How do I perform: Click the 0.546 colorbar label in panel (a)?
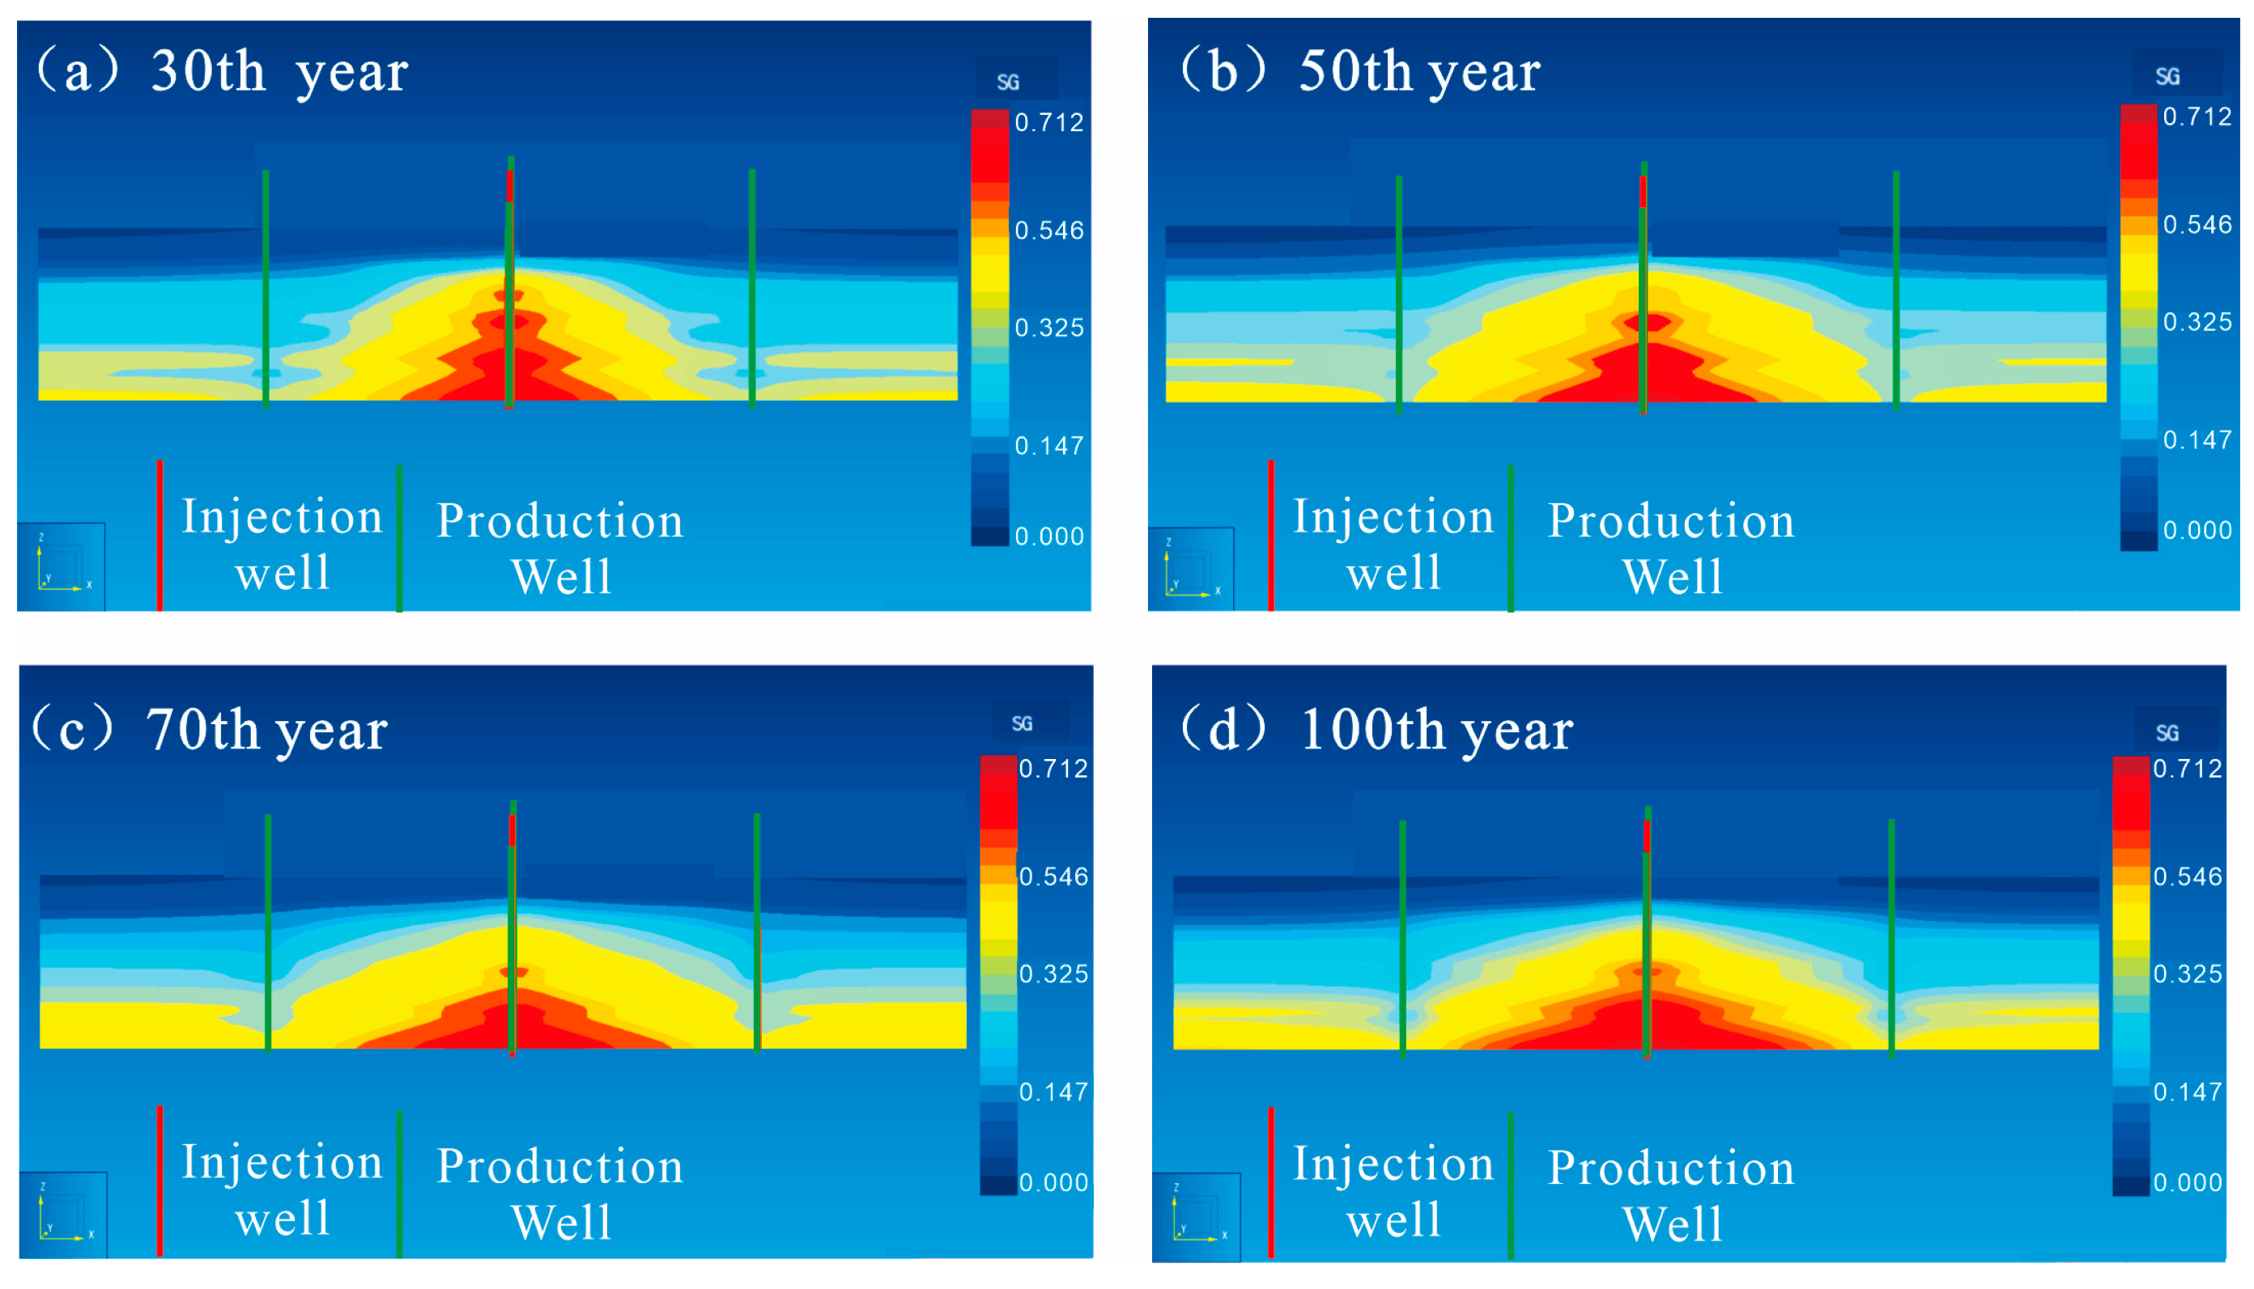(x=1048, y=231)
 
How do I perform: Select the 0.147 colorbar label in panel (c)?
(x=1053, y=1092)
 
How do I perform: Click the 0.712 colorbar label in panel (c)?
(x=1053, y=769)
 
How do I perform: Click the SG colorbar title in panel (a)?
(x=1008, y=83)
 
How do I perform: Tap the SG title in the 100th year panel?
(x=2167, y=733)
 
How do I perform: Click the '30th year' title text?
(x=279, y=73)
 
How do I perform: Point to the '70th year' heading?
(x=266, y=731)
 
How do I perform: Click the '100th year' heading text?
(x=1435, y=731)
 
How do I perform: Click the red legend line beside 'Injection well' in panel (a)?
(x=159, y=535)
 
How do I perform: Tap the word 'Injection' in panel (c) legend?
(x=282, y=1163)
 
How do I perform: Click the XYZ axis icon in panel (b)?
(x=1190, y=570)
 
